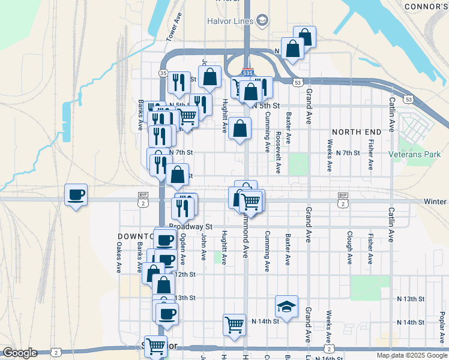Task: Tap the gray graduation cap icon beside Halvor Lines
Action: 262,21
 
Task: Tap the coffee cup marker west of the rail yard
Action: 76,195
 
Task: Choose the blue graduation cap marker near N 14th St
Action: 286,307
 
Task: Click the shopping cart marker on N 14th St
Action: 234,325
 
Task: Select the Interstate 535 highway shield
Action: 247,73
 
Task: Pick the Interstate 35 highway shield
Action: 163,73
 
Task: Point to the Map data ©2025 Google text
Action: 412,355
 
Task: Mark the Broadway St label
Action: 191,227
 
